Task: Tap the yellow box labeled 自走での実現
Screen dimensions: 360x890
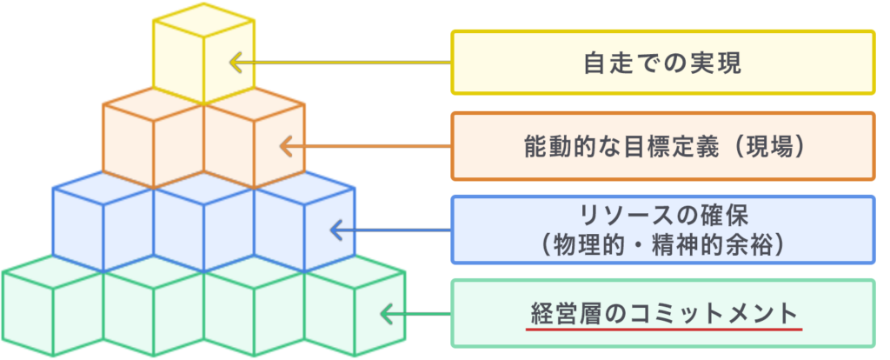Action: point(662,63)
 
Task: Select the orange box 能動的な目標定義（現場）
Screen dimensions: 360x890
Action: point(662,145)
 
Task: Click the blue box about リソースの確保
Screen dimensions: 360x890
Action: point(662,229)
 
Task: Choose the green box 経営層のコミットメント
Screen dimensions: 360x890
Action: point(662,312)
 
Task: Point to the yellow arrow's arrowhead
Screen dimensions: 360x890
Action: point(232,63)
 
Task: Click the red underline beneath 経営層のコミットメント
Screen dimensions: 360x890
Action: point(665,330)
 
